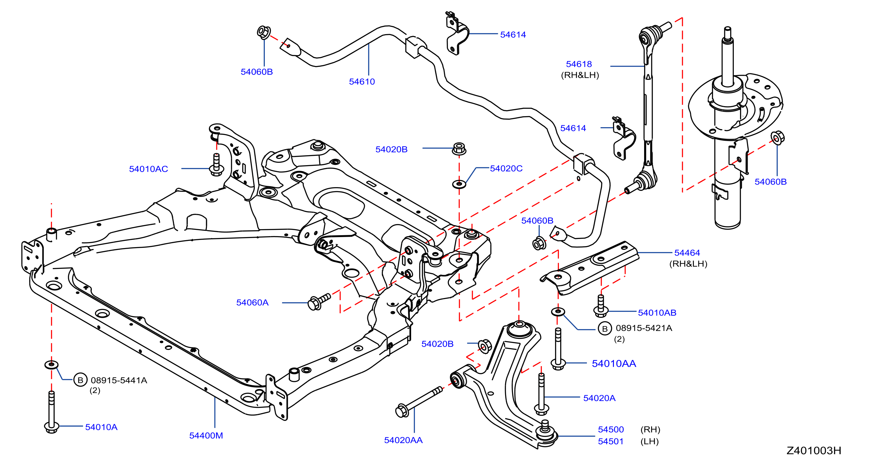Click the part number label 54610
click(362, 82)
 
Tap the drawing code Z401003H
click(814, 450)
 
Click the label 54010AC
click(148, 169)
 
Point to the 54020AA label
click(403, 440)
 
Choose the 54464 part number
click(687, 253)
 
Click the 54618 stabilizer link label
click(579, 64)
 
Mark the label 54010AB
click(657, 313)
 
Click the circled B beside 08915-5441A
click(81, 380)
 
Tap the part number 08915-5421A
click(644, 328)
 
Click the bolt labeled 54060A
click(319, 301)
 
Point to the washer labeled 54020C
click(459, 184)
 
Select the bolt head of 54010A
click(52, 427)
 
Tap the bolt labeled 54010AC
click(216, 165)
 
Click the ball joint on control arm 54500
click(545, 432)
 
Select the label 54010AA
click(614, 364)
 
